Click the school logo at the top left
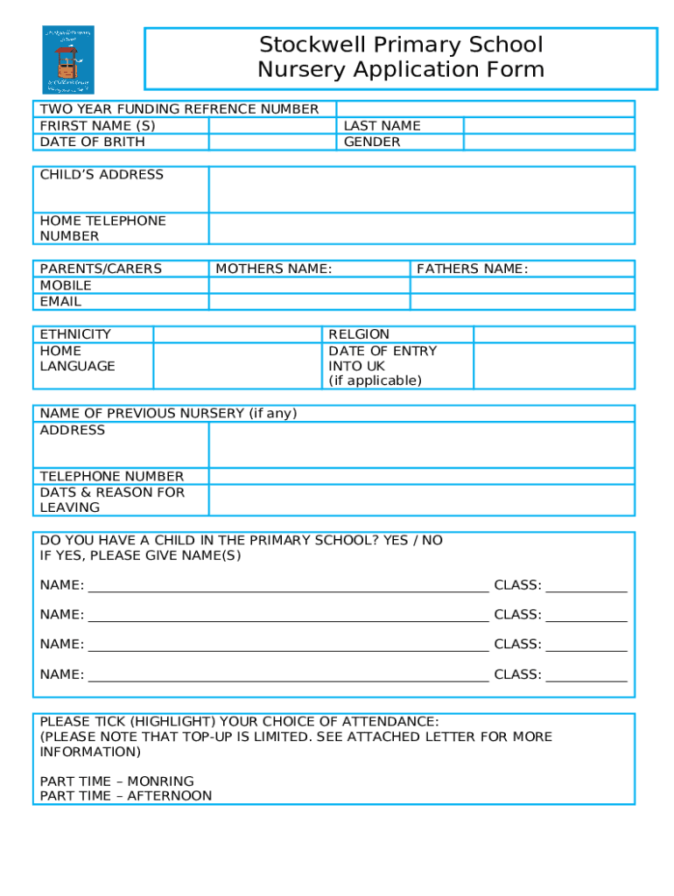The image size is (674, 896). coord(67,59)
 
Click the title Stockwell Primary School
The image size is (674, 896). coord(401,45)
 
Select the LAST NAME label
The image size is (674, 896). coord(382,126)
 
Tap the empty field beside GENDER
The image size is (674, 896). coord(549,142)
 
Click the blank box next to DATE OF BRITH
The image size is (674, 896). coord(272,142)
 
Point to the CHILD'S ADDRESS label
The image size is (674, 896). coord(102,175)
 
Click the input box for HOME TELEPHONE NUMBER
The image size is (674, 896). coord(421,228)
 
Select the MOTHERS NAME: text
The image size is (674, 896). coord(274,269)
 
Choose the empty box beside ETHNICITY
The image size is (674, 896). coord(237,334)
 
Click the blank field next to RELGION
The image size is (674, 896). coord(553,334)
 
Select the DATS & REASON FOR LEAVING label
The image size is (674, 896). coord(112,500)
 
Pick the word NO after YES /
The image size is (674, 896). coord(432,541)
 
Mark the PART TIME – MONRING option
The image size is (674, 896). coord(117,781)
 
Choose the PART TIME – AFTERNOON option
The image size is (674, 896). coord(126,796)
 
